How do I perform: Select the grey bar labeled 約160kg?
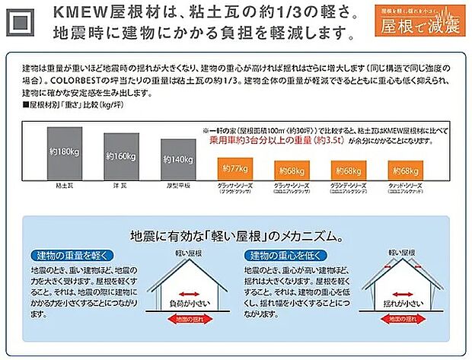(120, 157)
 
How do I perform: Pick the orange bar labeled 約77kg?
(231, 167)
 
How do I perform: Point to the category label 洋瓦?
(120, 186)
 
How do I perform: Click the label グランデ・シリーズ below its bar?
(349, 185)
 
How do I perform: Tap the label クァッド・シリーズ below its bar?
(404, 185)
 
